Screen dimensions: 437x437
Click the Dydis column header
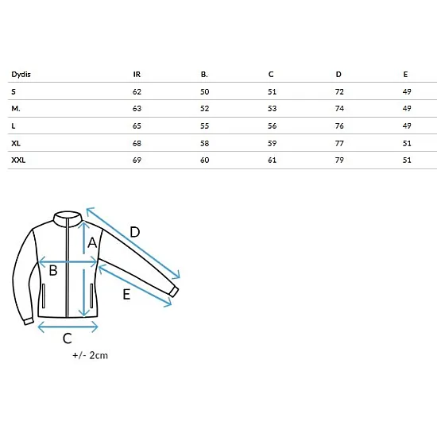[x=21, y=75]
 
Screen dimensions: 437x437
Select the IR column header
[x=137, y=75]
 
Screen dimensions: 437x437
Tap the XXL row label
[x=18, y=160]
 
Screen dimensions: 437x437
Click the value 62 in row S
[x=137, y=91]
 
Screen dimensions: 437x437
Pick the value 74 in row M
[x=339, y=108]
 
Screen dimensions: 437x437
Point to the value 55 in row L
[x=204, y=126]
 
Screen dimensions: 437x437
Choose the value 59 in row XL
[x=272, y=143]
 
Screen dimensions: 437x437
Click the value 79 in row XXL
[x=339, y=160]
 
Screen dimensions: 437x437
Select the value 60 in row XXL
[x=204, y=160]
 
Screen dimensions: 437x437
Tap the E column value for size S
[x=407, y=91]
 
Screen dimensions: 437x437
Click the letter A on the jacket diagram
[x=92, y=242]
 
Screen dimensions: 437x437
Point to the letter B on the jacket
[x=53, y=270]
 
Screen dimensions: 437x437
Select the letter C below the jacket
[x=68, y=338]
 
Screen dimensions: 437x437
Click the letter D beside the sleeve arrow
[x=135, y=232]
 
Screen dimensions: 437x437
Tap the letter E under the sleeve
[x=126, y=294]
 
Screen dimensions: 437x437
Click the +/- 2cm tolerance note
[x=90, y=355]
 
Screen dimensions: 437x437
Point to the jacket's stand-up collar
[x=68, y=218]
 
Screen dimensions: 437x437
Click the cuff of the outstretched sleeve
[x=174, y=292]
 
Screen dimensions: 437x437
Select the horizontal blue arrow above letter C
[x=68, y=327]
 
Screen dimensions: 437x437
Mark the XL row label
[x=16, y=143]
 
